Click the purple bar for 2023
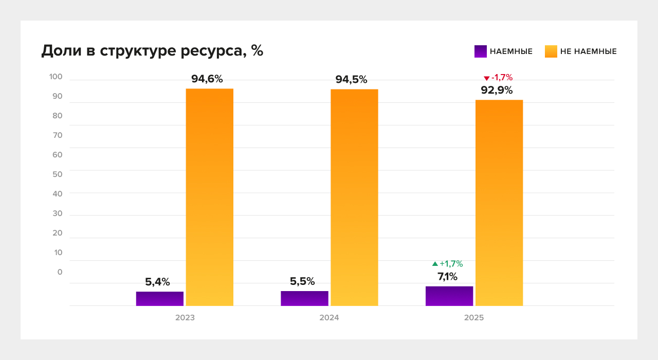point(160,299)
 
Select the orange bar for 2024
point(354,197)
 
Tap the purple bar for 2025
point(449,296)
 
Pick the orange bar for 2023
point(209,197)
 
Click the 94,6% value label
point(207,79)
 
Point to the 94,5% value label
point(351,80)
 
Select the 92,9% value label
point(497,91)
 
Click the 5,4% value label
point(157,282)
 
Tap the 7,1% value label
point(447,277)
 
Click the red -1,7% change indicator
point(498,78)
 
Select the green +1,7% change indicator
point(448,264)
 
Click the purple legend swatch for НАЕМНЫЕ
point(480,51)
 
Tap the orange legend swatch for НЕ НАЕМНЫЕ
point(551,51)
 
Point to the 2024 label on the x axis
point(329,318)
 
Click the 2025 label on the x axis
point(474,318)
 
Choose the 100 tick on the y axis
point(56,77)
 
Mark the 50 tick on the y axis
point(57,174)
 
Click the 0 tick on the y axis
point(60,272)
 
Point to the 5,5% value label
point(302,282)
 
